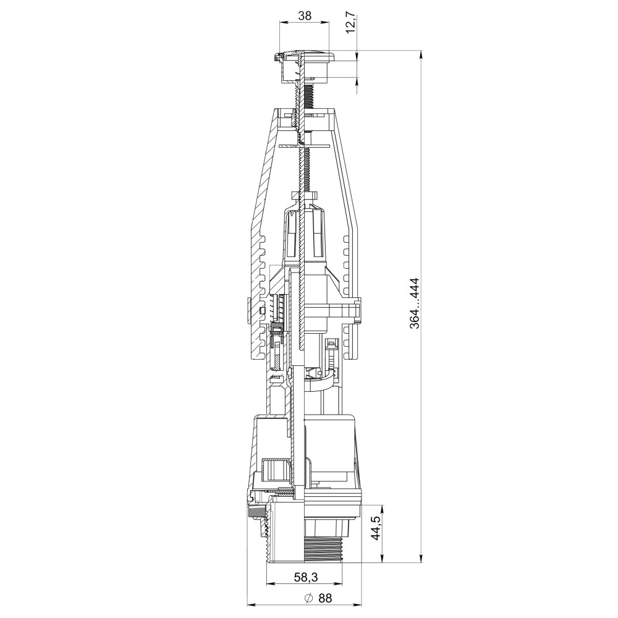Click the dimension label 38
tap(305, 15)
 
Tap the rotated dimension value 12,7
tap(351, 23)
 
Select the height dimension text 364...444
tap(414, 303)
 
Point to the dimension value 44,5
tap(375, 528)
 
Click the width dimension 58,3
tap(306, 577)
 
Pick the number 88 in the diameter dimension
tap(325, 598)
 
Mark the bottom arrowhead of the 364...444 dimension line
tap(421, 559)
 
